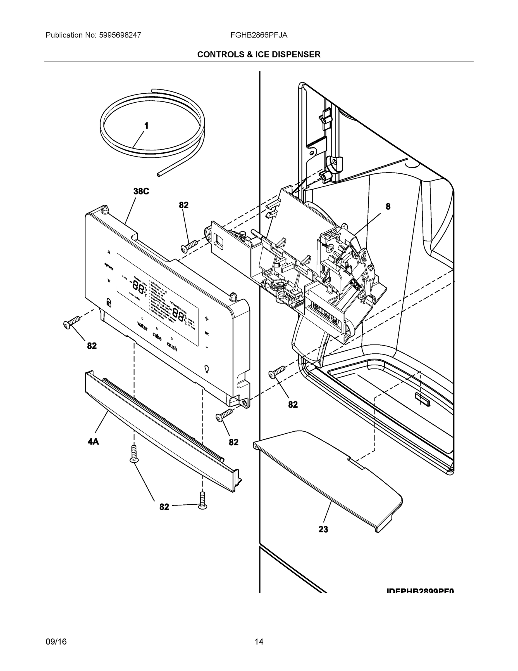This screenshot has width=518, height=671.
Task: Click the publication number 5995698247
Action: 120,35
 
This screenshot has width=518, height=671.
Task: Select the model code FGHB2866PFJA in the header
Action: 259,35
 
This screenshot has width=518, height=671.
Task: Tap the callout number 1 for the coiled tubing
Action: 146,126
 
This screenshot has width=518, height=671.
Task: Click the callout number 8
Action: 388,207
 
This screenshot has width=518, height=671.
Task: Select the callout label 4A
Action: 93,442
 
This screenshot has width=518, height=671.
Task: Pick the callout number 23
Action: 323,529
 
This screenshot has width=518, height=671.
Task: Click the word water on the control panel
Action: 142,326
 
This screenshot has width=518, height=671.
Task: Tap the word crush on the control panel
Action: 172,347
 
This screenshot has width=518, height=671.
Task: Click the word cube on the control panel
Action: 157,336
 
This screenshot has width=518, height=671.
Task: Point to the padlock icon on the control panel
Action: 109,302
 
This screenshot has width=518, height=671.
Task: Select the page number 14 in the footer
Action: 259,642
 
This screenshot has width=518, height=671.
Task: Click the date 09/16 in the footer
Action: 56,642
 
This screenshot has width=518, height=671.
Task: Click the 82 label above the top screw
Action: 183,205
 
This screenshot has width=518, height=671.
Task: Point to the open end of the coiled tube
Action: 159,174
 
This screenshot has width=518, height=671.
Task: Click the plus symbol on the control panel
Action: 207,319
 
